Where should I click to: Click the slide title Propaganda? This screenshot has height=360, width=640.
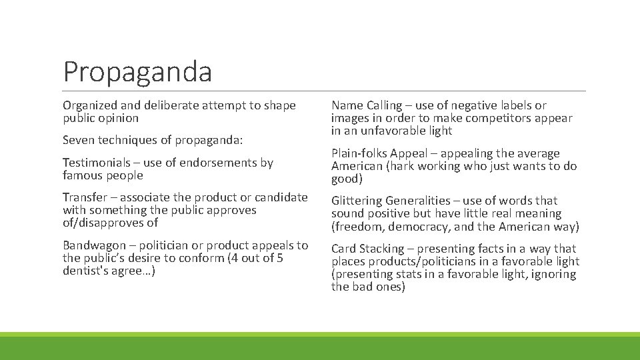tap(137, 71)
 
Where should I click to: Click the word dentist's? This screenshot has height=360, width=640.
tap(85, 271)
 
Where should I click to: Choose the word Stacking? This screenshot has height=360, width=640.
tap(383, 249)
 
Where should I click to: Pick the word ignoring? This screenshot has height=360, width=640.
tap(545, 274)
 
